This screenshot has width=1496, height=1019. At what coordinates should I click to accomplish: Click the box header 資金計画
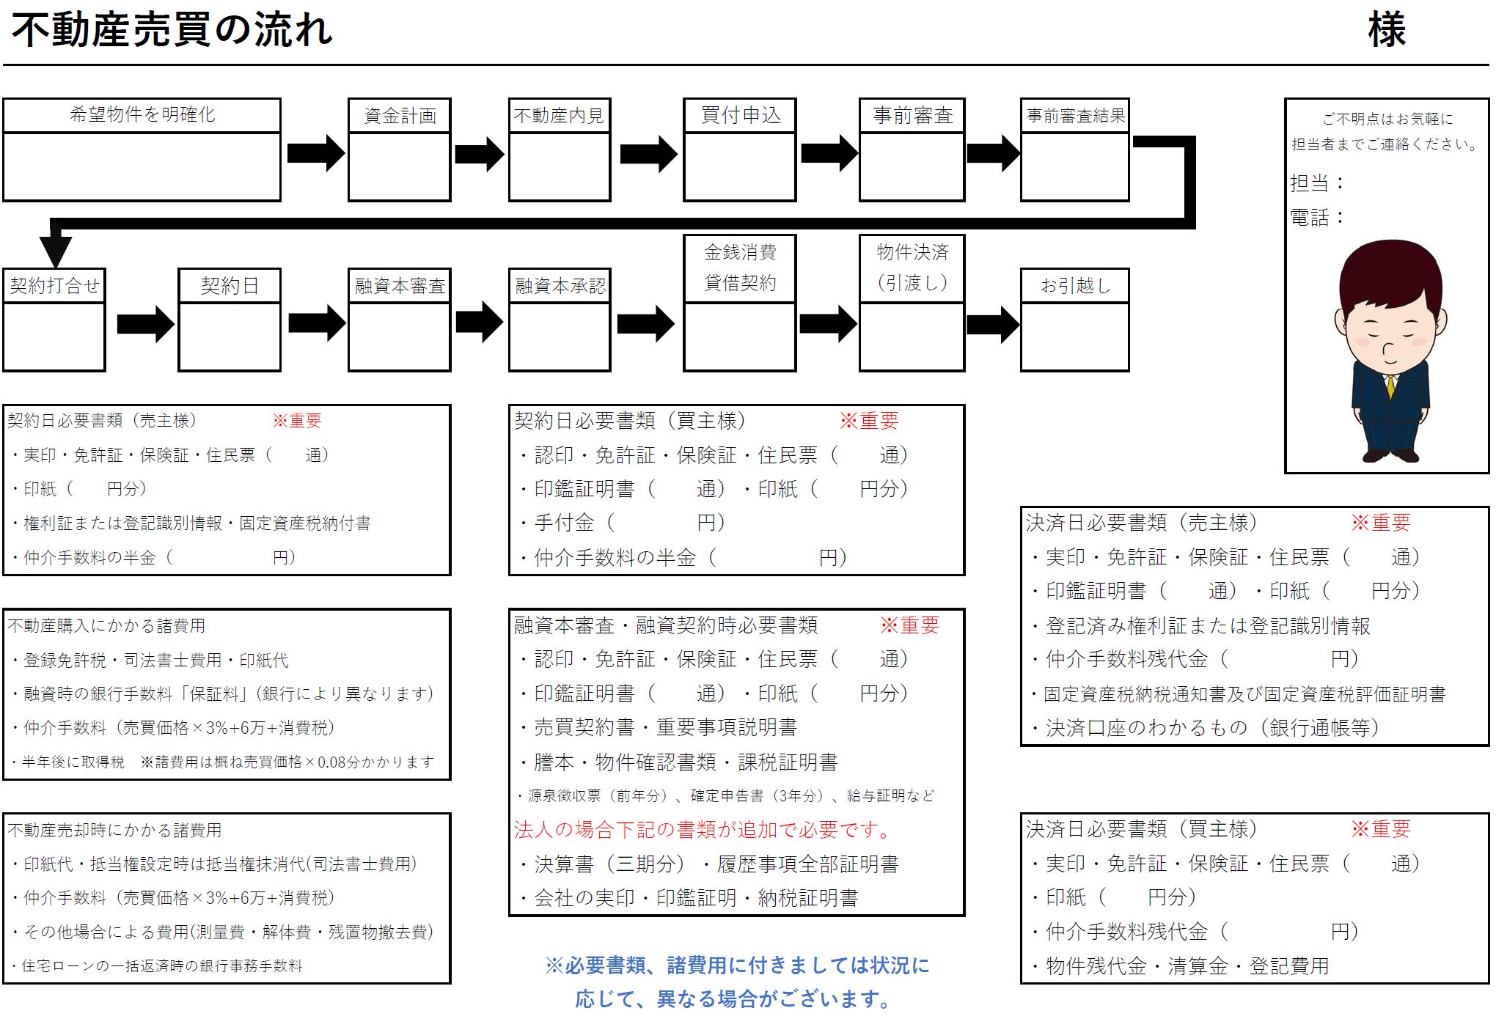tap(400, 116)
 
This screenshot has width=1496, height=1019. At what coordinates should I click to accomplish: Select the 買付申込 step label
tap(740, 115)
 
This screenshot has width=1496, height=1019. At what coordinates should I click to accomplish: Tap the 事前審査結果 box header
tap(1075, 116)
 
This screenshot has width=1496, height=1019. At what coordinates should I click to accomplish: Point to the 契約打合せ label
tap(54, 285)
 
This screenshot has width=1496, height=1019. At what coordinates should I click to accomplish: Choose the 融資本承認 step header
tap(560, 286)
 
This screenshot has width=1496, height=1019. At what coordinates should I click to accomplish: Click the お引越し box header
tap(1075, 285)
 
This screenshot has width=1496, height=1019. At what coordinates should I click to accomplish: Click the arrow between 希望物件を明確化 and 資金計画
tap(315, 153)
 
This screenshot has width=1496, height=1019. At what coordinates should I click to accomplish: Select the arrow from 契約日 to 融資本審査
tap(316, 323)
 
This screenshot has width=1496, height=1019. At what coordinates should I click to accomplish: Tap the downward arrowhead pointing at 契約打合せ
tap(56, 251)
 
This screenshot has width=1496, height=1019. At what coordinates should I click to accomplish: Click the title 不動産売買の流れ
tap(172, 31)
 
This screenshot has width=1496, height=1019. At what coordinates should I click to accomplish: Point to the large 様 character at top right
tap(1386, 31)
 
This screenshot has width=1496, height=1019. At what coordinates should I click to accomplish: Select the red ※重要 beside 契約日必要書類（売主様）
tap(297, 421)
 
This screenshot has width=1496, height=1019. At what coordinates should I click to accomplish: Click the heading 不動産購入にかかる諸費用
tap(106, 625)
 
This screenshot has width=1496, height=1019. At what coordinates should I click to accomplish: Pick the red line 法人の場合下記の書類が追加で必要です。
tap(703, 830)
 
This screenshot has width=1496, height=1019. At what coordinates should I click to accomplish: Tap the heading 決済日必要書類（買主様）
tap(1141, 829)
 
